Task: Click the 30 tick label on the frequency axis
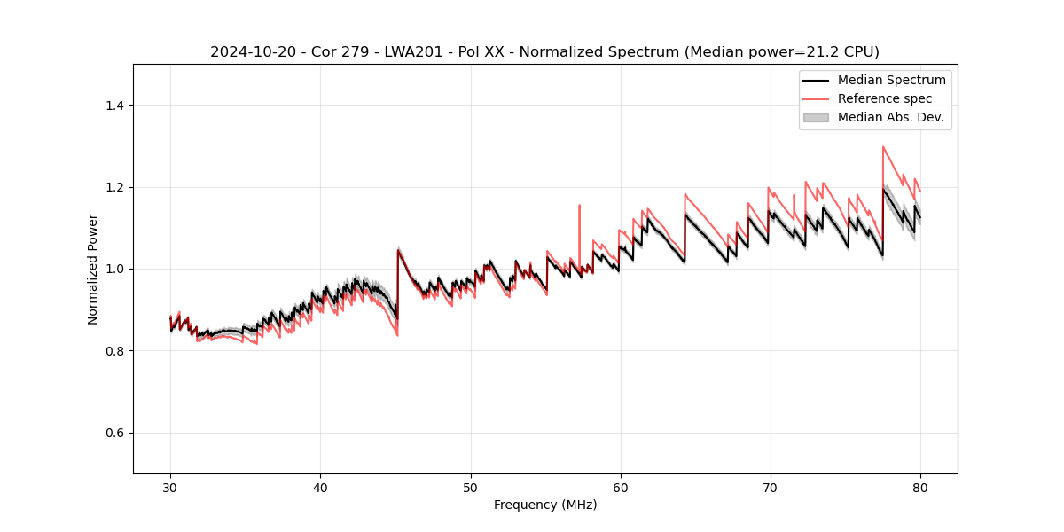coord(170,488)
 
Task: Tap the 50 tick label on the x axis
coord(471,488)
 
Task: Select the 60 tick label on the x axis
coord(621,488)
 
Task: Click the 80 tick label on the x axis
coord(920,488)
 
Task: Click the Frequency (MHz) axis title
coord(545,505)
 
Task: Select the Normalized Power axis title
coord(93,269)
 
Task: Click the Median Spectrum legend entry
coord(891,80)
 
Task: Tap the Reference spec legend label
coord(884,98)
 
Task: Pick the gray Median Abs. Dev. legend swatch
coord(815,117)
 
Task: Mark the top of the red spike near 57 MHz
coord(579,206)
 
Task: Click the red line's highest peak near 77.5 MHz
coord(883,147)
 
